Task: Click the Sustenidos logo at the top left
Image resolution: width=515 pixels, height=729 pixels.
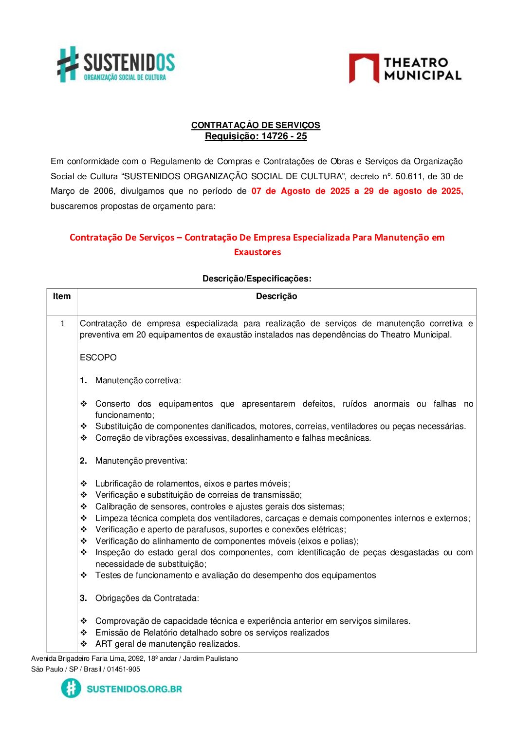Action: [116, 64]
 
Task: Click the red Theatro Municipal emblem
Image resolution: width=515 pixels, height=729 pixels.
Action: [364, 68]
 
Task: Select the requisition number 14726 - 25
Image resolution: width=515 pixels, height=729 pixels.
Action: [284, 136]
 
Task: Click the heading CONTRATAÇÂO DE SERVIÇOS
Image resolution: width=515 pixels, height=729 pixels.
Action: [256, 125]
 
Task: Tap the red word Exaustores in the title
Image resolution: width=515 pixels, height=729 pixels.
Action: [257, 252]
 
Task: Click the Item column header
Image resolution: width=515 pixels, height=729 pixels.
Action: [62, 296]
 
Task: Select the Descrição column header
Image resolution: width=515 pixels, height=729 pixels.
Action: [276, 296]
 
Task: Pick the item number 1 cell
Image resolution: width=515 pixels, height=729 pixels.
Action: [62, 324]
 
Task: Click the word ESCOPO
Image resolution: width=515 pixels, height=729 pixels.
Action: [98, 357]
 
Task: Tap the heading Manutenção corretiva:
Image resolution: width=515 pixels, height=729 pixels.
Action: [138, 380]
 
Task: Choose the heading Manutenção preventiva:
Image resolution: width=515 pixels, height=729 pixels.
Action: [141, 461]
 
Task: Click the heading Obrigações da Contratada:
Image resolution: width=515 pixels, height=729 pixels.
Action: [147, 598]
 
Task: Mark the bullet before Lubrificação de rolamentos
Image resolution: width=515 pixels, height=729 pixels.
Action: [84, 484]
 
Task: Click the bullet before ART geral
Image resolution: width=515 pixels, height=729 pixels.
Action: [84, 644]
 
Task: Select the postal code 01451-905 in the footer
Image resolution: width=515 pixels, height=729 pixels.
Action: [124, 669]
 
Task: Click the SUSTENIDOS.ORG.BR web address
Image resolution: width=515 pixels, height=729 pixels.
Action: [134, 689]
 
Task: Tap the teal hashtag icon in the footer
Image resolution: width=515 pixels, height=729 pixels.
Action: [71, 688]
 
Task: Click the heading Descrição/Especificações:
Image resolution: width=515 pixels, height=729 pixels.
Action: [257, 279]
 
